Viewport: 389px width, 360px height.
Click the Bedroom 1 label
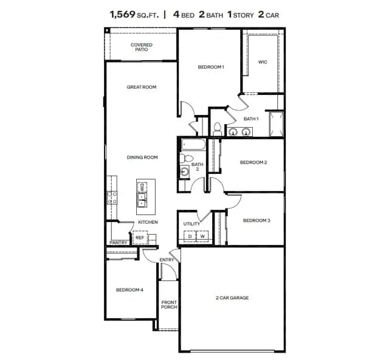[211, 67]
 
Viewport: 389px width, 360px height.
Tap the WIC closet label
[263, 62]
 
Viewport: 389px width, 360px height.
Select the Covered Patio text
[142, 47]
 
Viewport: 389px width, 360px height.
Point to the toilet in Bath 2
[187, 158]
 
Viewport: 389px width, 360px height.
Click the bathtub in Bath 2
[193, 145]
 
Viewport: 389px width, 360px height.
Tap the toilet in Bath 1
[218, 129]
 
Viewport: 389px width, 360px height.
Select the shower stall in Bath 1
[276, 124]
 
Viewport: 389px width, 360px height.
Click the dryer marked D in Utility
[190, 237]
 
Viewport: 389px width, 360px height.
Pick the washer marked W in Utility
[202, 237]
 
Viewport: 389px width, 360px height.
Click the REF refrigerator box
[140, 238]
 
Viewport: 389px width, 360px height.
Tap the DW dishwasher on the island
[142, 187]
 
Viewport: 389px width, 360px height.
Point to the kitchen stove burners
[112, 198]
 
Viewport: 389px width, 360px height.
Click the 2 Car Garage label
[232, 298]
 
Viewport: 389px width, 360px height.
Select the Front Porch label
[169, 305]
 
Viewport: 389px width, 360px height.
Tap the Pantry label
[119, 243]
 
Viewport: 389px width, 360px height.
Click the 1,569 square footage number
[123, 15]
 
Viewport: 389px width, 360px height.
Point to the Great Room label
[142, 87]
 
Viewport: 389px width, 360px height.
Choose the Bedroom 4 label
[129, 289]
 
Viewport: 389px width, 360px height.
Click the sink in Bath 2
[184, 171]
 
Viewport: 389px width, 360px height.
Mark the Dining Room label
[142, 157]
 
